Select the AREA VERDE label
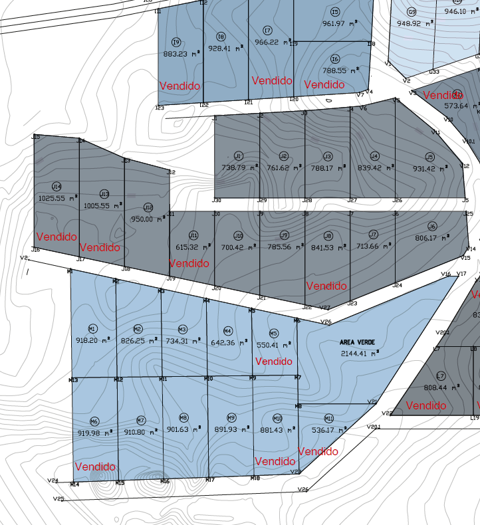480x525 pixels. coord(358,342)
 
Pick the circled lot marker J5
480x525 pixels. coord(429,157)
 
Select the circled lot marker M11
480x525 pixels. coord(328,418)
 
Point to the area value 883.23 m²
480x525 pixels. coord(176,54)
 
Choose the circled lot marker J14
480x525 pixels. coord(57,186)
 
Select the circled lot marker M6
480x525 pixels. coord(94,421)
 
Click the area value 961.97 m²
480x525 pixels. coord(341,24)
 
